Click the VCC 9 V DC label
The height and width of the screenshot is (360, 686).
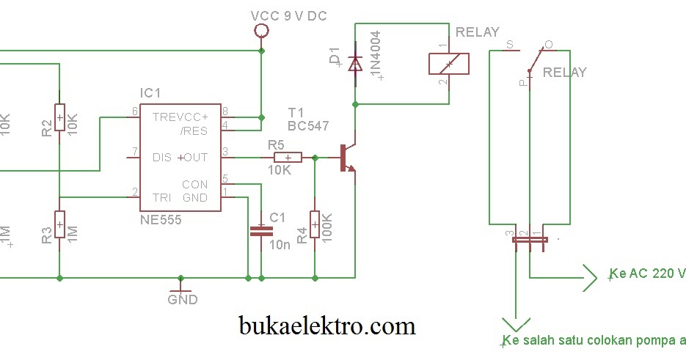(x=288, y=15)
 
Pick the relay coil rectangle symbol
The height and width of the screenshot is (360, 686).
(x=449, y=64)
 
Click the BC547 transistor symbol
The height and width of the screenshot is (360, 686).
(x=346, y=158)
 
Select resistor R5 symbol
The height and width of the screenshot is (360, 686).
(x=288, y=157)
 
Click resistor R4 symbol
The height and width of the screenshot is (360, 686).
(x=315, y=225)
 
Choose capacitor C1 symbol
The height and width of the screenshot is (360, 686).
(x=260, y=230)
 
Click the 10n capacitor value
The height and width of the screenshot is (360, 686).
(x=280, y=245)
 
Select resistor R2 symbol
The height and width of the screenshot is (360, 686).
(x=60, y=118)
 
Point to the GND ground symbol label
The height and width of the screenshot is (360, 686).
(x=182, y=299)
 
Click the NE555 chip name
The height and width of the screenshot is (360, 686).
(x=160, y=219)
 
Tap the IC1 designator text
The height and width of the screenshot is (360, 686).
(x=150, y=93)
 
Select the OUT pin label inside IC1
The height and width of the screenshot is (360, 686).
(x=196, y=157)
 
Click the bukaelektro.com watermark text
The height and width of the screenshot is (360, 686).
(x=327, y=324)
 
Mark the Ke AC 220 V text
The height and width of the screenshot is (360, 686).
(x=646, y=273)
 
